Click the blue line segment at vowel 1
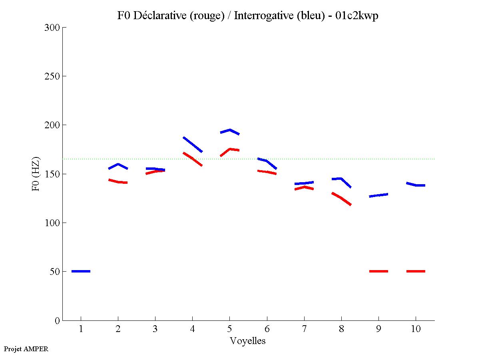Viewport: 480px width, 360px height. (81, 271)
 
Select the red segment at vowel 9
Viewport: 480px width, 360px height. (378, 271)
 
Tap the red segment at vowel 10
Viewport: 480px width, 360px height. (416, 271)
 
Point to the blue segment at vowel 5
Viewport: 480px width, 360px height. (230, 130)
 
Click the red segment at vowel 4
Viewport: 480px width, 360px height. (193, 159)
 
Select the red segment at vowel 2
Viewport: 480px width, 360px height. (118, 181)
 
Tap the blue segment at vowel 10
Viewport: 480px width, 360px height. (416, 185)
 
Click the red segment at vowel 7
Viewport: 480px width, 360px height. (304, 187)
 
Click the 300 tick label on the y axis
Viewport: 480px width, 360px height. (52, 28)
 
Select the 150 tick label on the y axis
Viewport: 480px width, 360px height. (52, 174)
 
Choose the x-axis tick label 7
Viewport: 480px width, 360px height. (304, 329)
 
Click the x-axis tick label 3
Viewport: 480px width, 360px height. (155, 329)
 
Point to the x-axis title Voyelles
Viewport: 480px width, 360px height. (248, 341)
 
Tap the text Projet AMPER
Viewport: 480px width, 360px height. (26, 349)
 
